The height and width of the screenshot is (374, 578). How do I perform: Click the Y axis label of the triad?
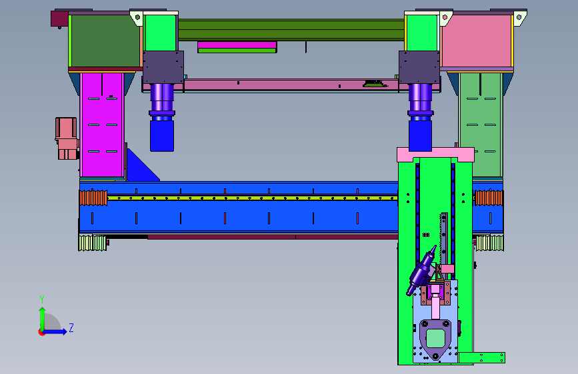click(x=42, y=299)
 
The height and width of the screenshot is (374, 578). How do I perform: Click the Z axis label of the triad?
click(x=71, y=327)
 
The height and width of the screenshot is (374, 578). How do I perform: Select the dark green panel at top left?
click(x=105, y=41)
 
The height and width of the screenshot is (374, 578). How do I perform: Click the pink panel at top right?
click(x=476, y=41)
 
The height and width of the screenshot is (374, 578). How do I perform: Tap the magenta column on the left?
click(x=102, y=125)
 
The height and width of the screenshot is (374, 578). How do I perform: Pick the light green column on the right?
click(x=481, y=125)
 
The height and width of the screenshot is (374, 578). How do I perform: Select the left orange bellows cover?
click(x=93, y=198)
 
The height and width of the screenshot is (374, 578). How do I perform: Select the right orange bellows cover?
click(x=489, y=198)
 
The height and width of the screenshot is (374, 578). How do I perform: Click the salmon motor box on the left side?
click(x=67, y=138)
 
